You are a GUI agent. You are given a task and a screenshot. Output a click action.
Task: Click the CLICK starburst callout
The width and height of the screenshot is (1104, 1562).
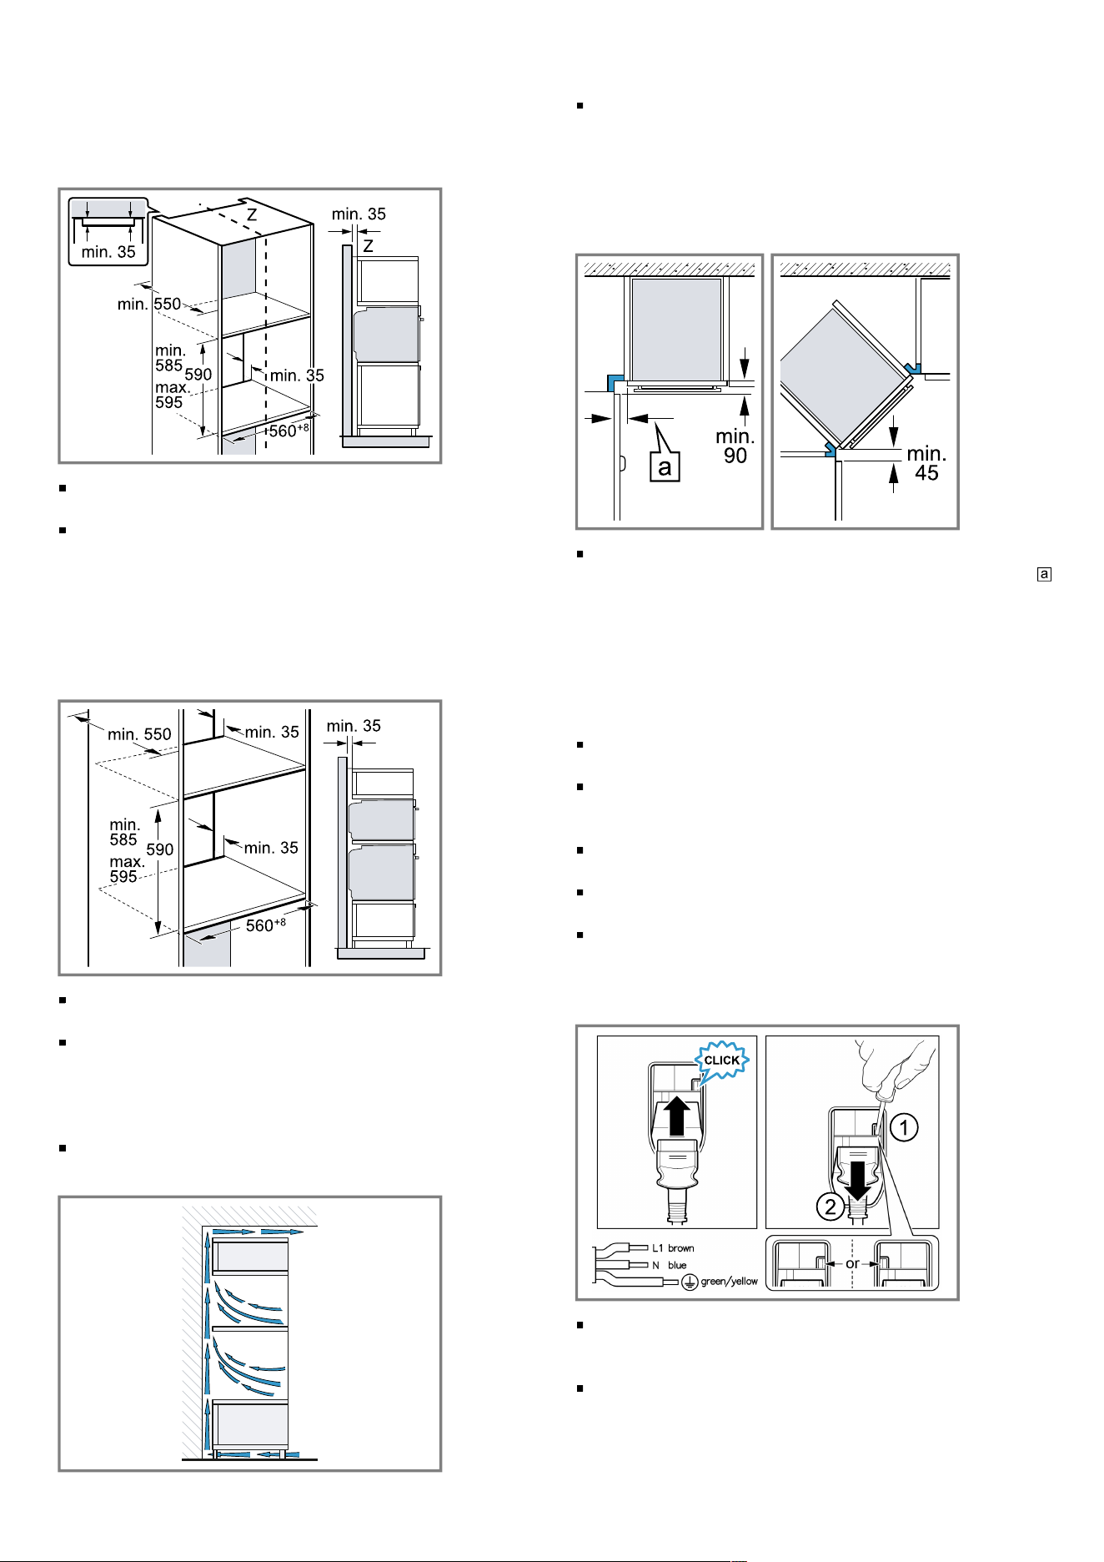click(x=722, y=1061)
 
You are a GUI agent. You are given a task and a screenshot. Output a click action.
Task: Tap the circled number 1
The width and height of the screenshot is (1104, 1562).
click(x=904, y=1128)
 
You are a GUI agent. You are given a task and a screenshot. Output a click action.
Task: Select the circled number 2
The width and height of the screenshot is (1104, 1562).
click(x=831, y=1207)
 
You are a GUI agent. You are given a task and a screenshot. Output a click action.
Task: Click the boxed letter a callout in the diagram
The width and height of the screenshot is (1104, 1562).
click(x=665, y=466)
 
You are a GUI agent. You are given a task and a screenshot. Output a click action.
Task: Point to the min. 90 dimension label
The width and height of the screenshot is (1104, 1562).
click(x=735, y=446)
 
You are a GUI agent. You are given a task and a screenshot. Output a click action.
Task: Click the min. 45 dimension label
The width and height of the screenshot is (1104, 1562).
click(x=926, y=463)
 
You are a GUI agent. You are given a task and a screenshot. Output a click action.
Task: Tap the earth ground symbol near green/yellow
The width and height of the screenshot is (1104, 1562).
click(x=690, y=1282)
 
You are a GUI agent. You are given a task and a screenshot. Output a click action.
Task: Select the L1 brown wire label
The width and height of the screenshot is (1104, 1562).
click(x=673, y=1248)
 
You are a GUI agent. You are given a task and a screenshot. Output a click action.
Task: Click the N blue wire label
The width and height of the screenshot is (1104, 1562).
click(x=670, y=1265)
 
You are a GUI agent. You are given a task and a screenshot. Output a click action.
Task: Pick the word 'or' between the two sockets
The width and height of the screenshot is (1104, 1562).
click(x=852, y=1263)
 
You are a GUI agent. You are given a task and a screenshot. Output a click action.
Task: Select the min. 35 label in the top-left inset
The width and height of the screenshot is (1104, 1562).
click(x=108, y=252)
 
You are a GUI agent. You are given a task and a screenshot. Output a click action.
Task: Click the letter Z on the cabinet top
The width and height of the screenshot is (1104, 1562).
click(x=251, y=215)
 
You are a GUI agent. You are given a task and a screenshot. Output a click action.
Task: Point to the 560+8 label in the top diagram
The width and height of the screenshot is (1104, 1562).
click(x=289, y=431)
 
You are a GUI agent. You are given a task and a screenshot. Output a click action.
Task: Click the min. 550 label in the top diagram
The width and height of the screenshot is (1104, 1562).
click(x=149, y=304)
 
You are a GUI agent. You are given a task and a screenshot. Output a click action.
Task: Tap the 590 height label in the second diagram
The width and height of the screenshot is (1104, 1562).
click(x=160, y=849)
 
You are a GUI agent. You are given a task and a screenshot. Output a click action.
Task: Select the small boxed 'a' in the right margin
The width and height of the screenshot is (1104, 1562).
click(x=1044, y=574)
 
